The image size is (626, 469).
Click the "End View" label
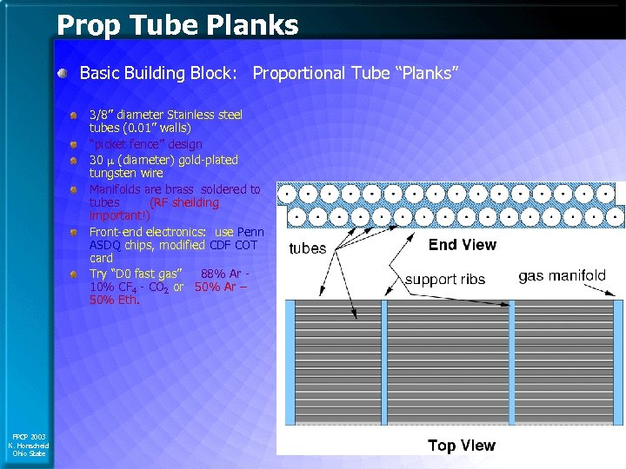(x=462, y=245)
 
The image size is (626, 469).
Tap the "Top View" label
(x=461, y=446)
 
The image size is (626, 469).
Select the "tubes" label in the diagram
(x=307, y=248)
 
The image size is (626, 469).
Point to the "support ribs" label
(x=445, y=280)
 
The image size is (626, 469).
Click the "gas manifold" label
(x=562, y=276)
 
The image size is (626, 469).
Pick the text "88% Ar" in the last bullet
(x=221, y=274)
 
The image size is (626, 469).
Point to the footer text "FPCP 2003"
(x=28, y=436)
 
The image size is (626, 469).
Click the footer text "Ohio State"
(x=29, y=453)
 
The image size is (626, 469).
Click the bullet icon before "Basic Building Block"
(x=63, y=74)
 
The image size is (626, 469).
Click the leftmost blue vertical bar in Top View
(x=291, y=373)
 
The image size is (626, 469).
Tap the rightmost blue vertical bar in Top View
(x=618, y=373)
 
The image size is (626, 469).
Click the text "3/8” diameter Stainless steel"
(x=166, y=115)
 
